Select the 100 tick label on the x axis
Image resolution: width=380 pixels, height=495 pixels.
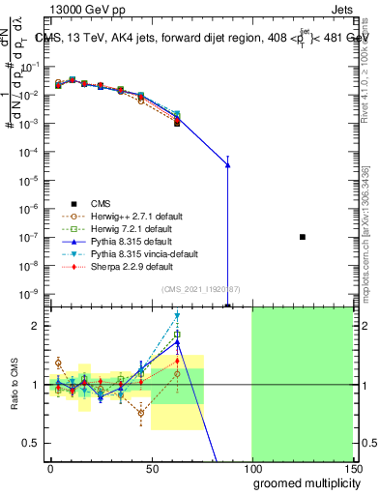252,468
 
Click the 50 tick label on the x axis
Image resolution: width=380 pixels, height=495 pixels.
152,468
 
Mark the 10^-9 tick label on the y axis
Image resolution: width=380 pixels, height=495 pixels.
31,293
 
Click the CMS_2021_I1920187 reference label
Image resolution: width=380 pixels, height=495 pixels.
200,289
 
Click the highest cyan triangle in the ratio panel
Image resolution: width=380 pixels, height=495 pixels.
177,315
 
